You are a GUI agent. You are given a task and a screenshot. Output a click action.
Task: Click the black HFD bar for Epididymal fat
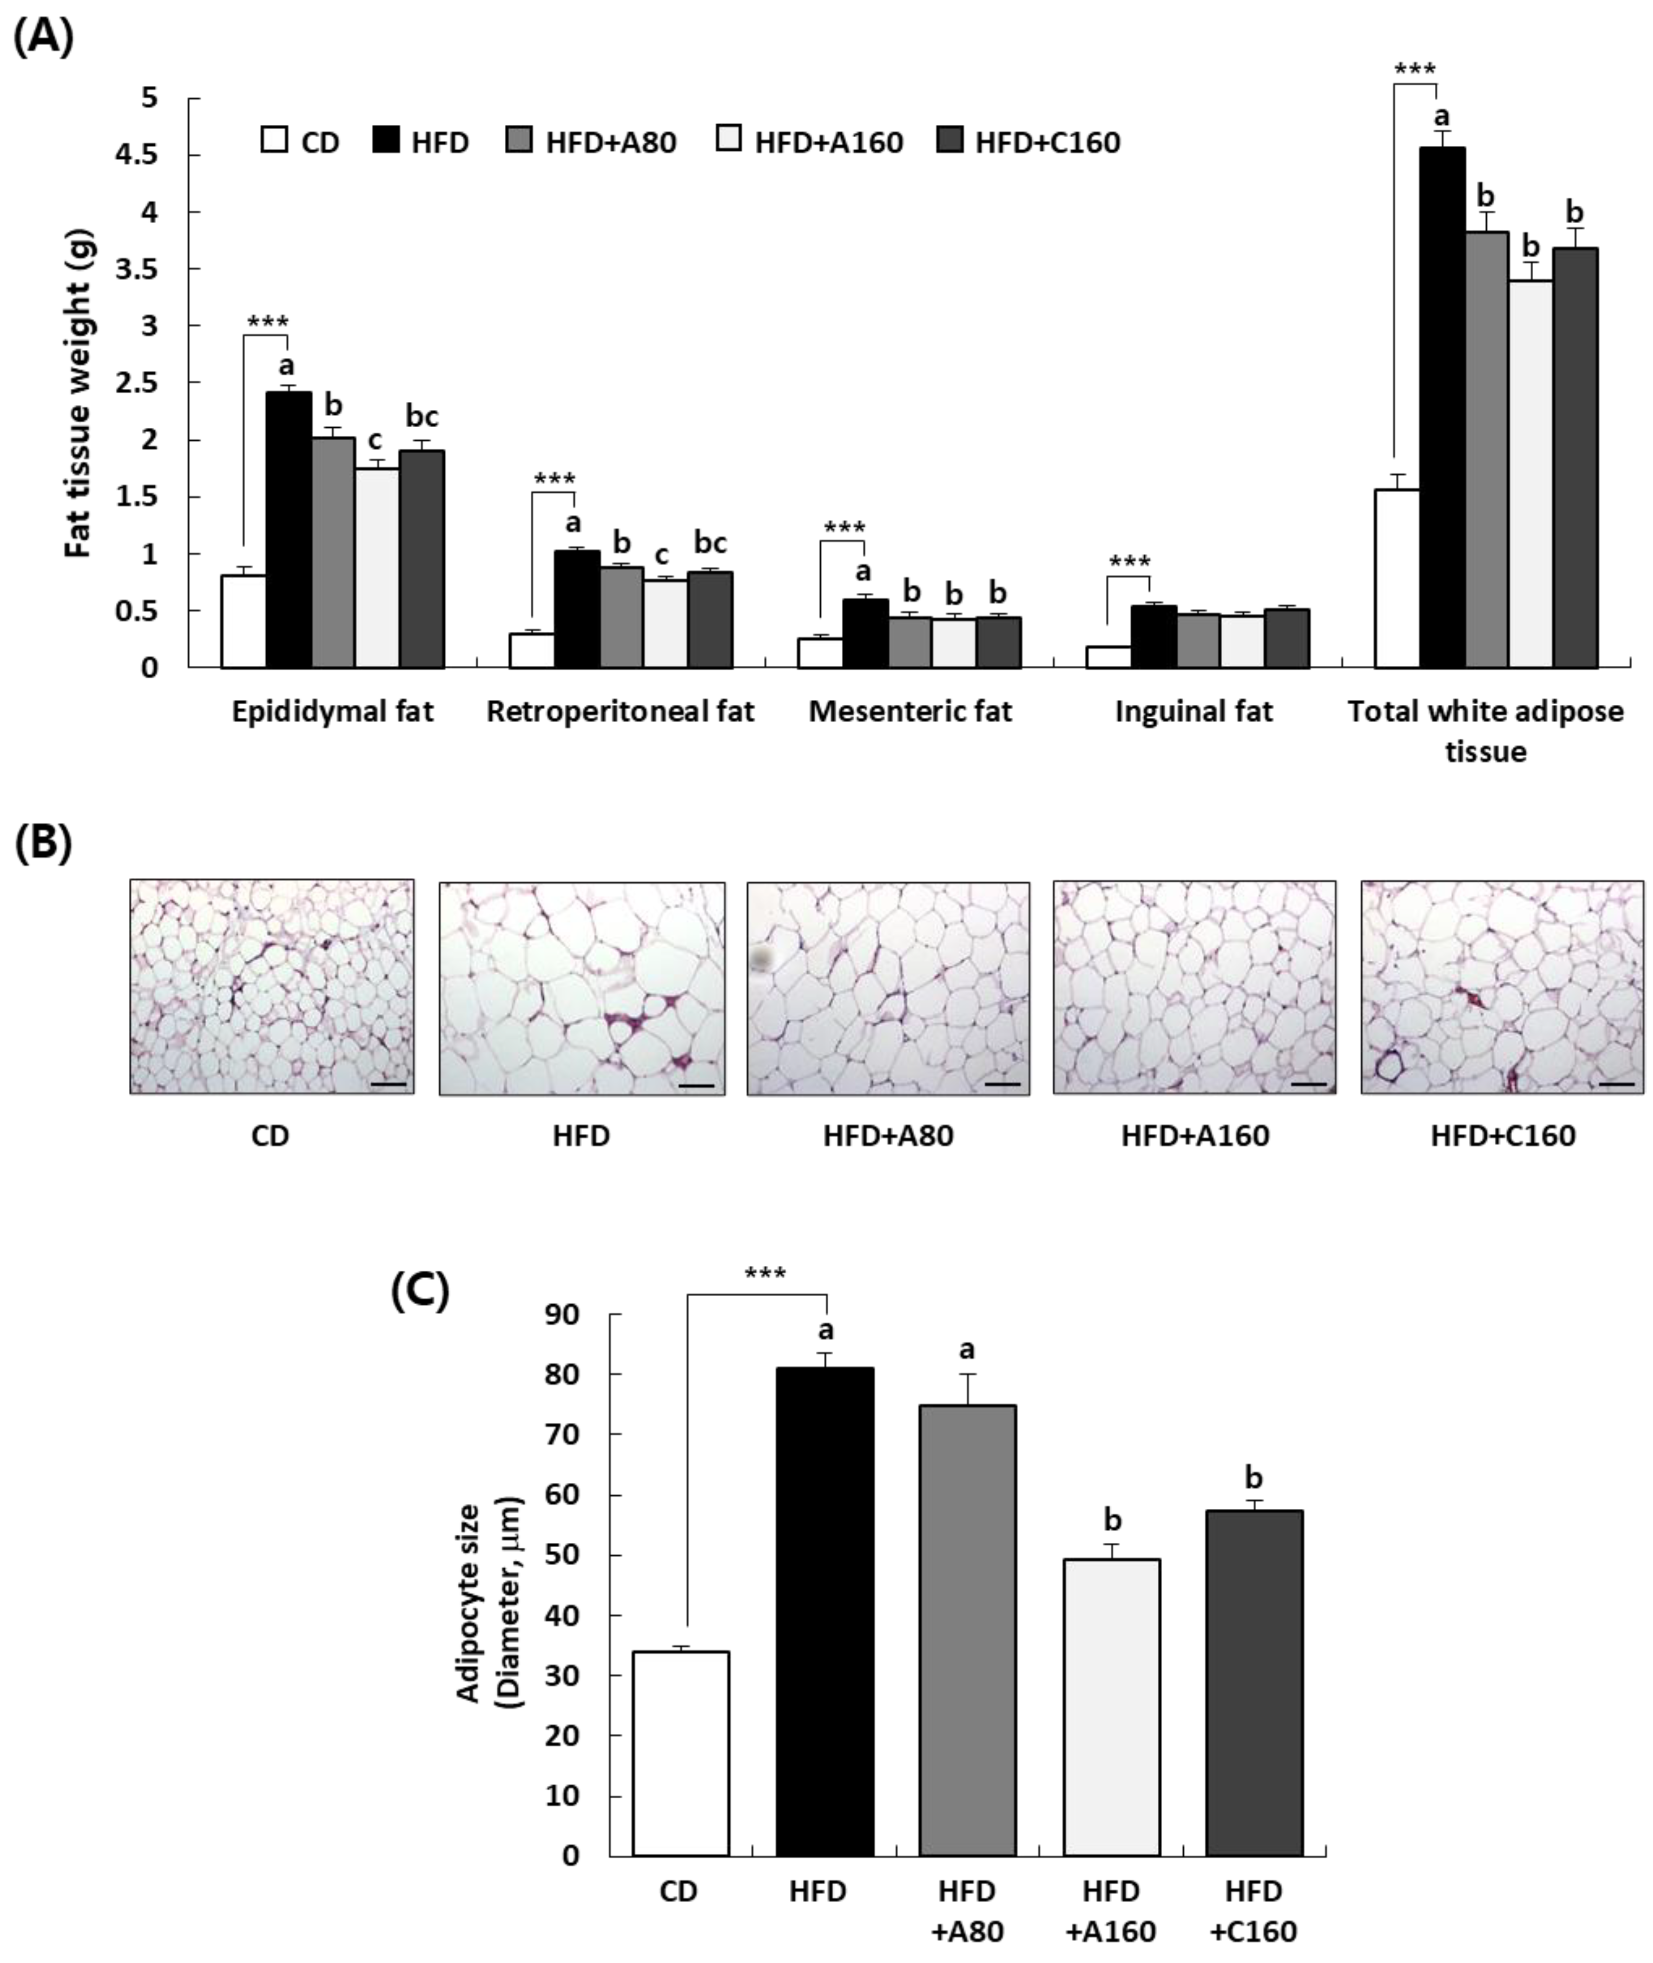click(x=289, y=530)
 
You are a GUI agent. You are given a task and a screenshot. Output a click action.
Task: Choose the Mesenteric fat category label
click(x=910, y=711)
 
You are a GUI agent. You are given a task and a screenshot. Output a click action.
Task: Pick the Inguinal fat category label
click(x=1194, y=711)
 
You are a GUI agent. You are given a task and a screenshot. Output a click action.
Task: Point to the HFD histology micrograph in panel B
click(x=582, y=988)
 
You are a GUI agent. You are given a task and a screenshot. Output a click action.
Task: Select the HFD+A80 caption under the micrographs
click(x=888, y=1135)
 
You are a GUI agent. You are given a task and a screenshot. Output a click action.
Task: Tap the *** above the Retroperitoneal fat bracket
click(x=554, y=480)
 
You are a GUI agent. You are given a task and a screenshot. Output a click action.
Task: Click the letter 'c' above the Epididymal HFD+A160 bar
click(x=375, y=439)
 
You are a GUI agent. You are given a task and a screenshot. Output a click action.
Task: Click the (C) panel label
click(x=419, y=1291)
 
